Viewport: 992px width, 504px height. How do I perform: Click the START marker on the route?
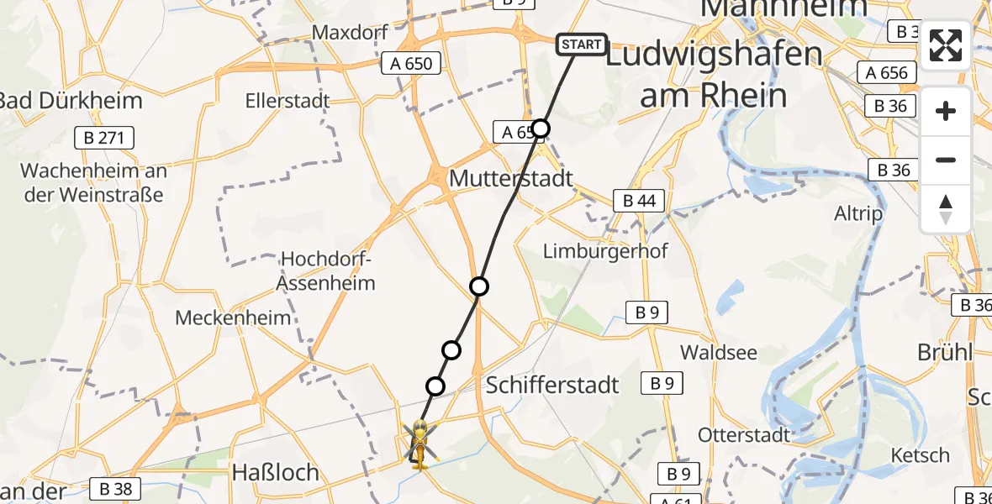581,45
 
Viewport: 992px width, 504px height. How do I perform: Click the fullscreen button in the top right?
946,45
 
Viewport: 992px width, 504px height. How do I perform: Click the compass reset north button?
946,208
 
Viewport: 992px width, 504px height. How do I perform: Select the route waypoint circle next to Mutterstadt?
541,129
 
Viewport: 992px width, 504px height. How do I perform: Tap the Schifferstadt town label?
552,386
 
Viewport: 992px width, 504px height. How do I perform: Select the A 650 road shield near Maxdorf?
411,63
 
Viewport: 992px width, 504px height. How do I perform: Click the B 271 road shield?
105,138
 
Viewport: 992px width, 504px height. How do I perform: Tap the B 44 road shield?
639,201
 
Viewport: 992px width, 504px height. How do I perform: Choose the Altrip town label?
858,213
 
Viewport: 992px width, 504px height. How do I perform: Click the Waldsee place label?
719,352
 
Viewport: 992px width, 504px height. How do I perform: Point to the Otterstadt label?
744,434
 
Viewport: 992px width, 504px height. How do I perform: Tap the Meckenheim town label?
233,318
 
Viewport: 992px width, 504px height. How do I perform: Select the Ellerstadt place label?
288,101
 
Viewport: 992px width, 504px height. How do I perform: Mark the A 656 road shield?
887,73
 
